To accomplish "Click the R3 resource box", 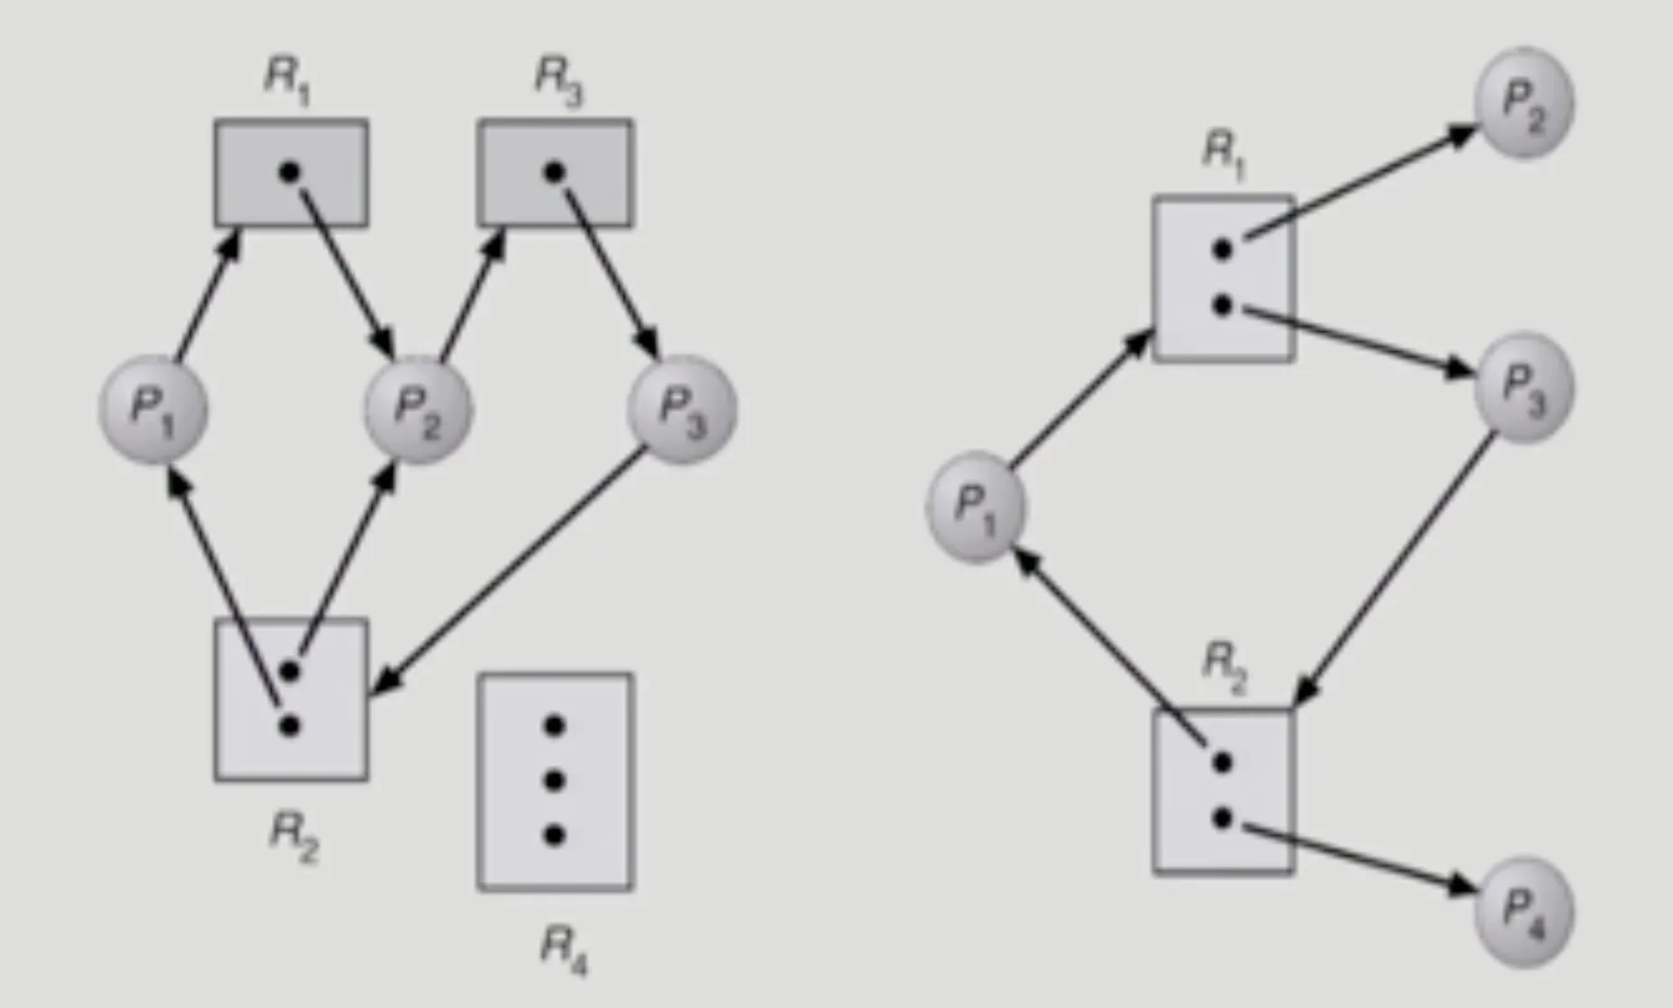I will tap(554, 173).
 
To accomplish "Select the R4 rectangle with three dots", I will tap(555, 781).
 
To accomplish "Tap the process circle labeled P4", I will tap(1524, 912).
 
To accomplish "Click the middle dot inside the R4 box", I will tap(555, 780).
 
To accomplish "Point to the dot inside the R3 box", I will tap(555, 171).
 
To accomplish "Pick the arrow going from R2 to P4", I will tap(1351, 856).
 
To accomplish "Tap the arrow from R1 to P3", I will tap(1351, 337).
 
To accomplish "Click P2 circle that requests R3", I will tap(418, 410).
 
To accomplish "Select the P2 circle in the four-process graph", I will tap(1524, 103).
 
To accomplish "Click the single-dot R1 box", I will tap(291, 173).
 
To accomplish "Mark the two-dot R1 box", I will tap(1224, 279).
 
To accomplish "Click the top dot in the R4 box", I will tap(555, 724).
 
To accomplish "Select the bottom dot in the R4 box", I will tap(555, 836).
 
